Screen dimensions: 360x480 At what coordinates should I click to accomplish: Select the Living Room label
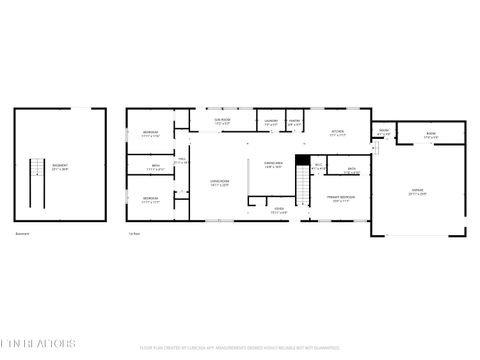(x=219, y=182)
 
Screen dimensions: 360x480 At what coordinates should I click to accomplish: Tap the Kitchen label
(x=338, y=132)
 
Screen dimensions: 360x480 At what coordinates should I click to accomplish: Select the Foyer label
(x=279, y=210)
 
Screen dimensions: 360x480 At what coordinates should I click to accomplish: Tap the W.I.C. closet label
(x=318, y=166)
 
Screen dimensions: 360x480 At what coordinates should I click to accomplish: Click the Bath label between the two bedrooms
(x=155, y=167)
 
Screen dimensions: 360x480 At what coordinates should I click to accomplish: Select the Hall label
(x=182, y=161)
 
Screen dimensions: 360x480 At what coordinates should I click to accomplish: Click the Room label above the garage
(x=431, y=134)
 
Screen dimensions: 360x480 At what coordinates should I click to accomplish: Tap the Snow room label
(x=383, y=133)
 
